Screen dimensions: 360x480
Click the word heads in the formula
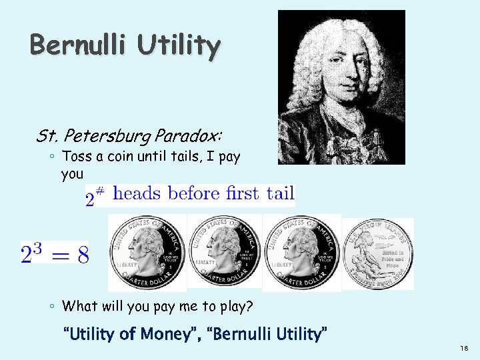coord(137,193)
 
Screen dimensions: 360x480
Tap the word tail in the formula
coord(280,193)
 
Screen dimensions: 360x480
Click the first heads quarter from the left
coord(147,253)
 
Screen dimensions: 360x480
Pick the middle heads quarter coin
coord(224,253)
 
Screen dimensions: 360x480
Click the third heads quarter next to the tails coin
coord(301,253)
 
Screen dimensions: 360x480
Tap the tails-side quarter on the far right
coord(378,254)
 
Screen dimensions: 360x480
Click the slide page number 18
coord(463,349)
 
